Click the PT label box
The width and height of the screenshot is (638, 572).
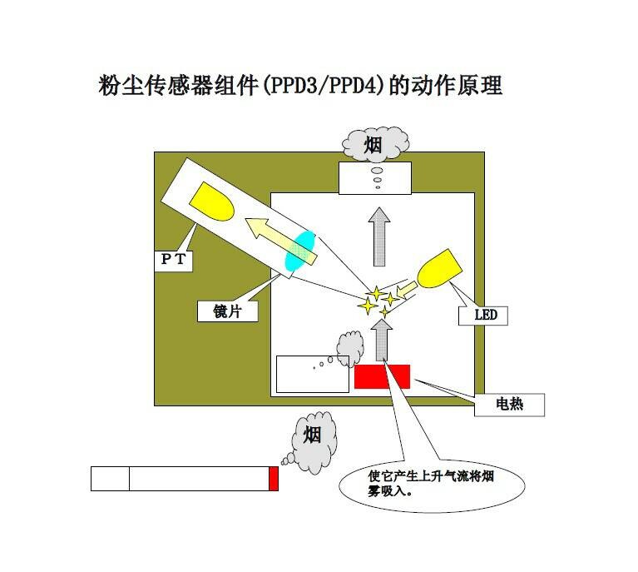[173, 260]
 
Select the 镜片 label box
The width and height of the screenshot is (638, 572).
[227, 311]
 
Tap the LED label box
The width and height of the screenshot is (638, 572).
[483, 316]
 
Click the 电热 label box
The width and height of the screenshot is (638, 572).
[509, 405]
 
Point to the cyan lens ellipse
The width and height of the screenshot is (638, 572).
[299, 251]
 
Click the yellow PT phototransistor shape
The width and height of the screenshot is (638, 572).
[212, 201]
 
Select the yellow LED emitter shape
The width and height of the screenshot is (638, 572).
[439, 269]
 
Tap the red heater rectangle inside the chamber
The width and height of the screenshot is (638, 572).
[382, 376]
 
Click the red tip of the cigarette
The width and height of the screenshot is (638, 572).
[274, 479]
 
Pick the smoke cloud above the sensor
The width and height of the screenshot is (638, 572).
[375, 144]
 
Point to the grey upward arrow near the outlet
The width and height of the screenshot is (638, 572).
[379, 236]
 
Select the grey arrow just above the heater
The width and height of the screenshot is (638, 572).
[382, 340]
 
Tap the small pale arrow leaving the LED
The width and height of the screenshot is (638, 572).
[407, 290]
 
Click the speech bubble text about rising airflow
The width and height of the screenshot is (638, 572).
[431, 483]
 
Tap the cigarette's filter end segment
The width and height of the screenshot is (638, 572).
[110, 479]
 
